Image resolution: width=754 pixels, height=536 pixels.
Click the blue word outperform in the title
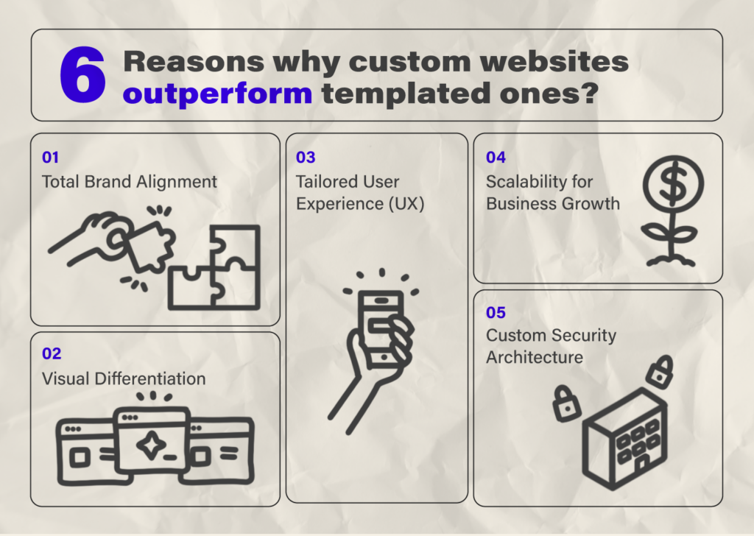(217, 94)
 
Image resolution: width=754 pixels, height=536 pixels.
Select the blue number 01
(51, 158)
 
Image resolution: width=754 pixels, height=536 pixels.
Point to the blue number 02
(52, 354)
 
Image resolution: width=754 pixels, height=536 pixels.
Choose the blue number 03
(306, 158)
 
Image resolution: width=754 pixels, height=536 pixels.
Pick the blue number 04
(496, 158)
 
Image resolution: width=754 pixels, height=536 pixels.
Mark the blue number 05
(496, 312)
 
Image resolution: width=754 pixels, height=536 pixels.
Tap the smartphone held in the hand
(382, 329)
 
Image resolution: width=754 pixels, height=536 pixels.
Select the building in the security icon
(624, 437)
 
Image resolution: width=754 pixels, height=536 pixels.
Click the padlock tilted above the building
(660, 371)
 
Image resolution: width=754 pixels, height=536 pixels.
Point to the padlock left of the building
(566, 403)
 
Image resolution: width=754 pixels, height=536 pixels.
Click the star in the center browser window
(152, 445)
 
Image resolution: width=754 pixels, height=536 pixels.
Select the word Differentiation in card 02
(150, 378)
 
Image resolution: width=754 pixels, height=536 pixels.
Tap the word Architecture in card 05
(535, 357)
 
